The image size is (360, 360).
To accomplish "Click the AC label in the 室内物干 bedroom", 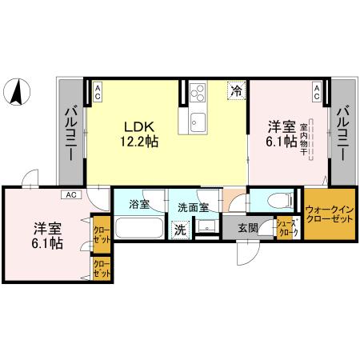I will [x=317, y=91].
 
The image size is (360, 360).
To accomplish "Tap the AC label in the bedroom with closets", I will [x=71, y=194].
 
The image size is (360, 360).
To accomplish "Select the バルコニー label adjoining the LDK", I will [x=69, y=131].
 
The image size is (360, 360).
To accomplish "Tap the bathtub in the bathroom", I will [x=139, y=227].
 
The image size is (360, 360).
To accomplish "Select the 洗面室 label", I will [x=193, y=207].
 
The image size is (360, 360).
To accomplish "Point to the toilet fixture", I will [x=275, y=199].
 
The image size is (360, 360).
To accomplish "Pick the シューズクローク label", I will [x=287, y=228].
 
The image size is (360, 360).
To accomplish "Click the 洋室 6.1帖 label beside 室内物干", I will [x=282, y=134].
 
